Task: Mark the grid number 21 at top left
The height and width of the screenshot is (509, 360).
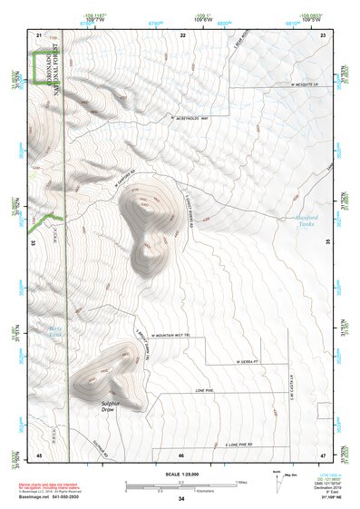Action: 39,34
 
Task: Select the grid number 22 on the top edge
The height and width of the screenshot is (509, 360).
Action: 183,34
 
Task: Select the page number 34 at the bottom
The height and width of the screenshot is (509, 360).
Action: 181,499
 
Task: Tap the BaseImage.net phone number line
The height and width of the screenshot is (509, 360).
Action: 54,497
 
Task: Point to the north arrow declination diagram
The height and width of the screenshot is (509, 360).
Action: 277,475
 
